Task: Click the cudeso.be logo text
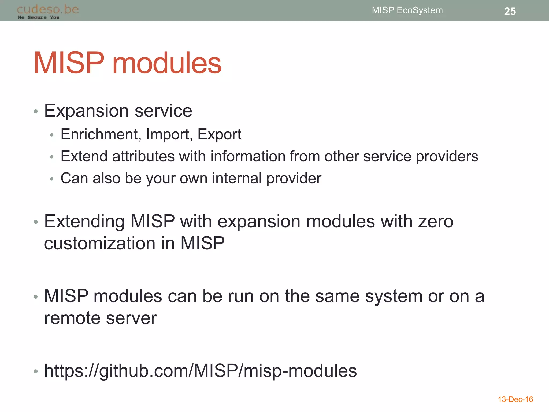point(48,10)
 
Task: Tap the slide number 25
point(510,11)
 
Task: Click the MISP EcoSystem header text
point(407,10)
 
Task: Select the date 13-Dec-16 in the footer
point(515,399)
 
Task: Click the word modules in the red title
point(167,63)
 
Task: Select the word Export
point(219,135)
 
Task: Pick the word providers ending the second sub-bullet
point(447,157)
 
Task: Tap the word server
point(131,318)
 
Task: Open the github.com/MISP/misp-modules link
point(200,371)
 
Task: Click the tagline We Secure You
point(38,17)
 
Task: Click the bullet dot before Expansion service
point(36,111)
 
